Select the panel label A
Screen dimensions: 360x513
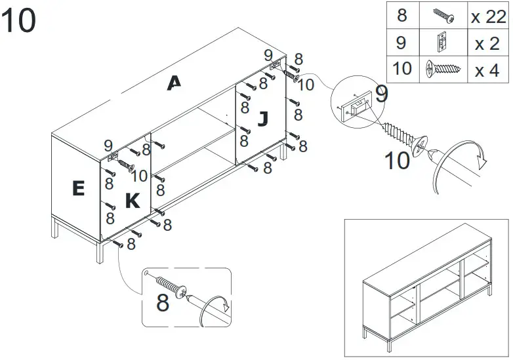pos(174,83)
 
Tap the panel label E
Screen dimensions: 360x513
pos(78,189)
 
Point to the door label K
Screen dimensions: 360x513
pos(133,201)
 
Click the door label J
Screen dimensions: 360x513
pos(262,119)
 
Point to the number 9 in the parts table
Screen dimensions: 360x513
pos(401,43)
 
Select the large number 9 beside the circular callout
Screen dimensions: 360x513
pos(382,93)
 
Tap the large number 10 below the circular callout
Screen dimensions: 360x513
pos(397,160)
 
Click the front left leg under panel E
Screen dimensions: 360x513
pos(100,251)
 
